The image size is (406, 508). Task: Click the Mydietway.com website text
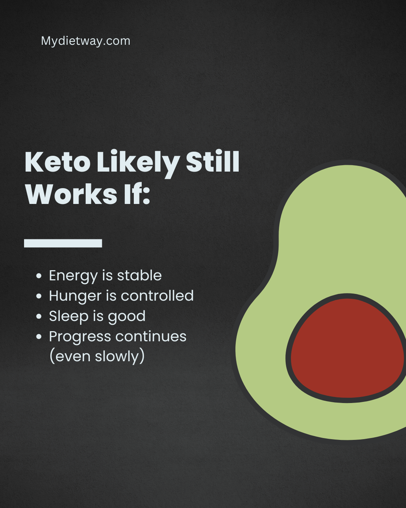(86, 41)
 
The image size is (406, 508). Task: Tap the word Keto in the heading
(58, 163)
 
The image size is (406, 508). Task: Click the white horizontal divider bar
(63, 243)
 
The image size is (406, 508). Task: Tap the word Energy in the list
(73, 276)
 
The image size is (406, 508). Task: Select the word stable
(139, 275)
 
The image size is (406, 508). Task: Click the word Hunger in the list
(75, 296)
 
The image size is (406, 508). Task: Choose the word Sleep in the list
(68, 316)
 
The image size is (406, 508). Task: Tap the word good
(127, 316)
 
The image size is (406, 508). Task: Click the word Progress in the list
(80, 337)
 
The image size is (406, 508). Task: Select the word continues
(158, 336)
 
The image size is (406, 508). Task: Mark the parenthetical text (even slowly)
(97, 356)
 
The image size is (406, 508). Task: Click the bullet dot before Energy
(39, 276)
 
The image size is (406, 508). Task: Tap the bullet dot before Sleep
(39, 316)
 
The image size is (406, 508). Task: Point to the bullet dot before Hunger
(39, 296)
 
